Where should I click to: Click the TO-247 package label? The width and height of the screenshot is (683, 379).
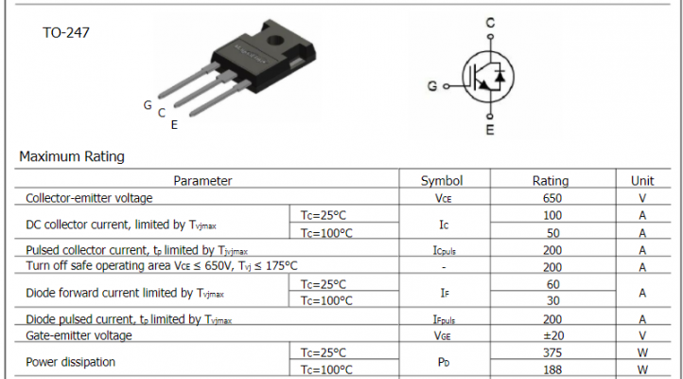[67, 32]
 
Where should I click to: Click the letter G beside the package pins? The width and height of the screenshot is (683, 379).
[148, 105]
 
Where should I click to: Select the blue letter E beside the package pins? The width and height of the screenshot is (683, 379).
[174, 123]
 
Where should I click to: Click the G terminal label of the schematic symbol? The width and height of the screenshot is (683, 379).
[432, 86]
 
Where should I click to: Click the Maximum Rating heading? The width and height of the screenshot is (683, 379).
[72, 156]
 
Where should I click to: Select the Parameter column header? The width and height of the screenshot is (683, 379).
[202, 180]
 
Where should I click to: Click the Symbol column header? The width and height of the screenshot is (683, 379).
[442, 180]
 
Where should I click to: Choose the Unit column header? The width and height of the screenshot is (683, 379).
[642, 180]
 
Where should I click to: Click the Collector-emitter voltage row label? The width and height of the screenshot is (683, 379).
[89, 198]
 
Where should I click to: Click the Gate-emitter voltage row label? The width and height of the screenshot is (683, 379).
[79, 334]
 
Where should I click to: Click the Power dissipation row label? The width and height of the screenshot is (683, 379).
[71, 361]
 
